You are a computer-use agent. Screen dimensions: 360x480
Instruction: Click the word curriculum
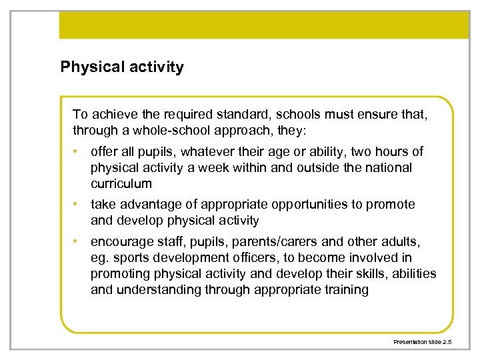[121, 183]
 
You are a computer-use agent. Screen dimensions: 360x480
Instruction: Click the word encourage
[120, 241]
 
